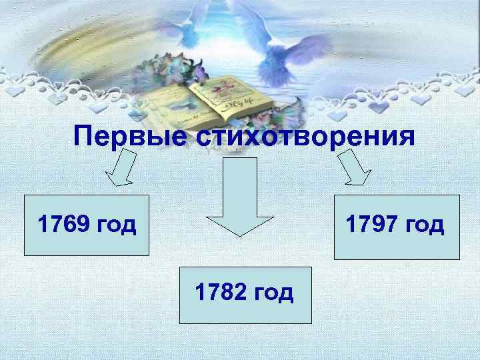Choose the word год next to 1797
425,225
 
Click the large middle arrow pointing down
240,197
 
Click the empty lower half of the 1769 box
86,243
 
